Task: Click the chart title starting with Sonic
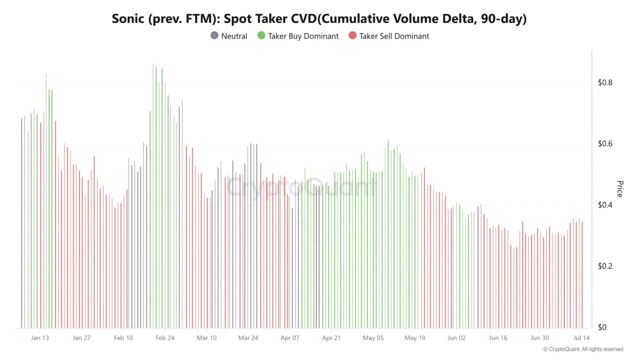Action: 319,18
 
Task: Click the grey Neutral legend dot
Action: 214,36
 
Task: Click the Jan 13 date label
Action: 40,338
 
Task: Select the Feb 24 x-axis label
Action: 165,338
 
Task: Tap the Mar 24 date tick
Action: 248,338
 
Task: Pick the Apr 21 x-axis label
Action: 332,338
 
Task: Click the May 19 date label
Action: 415,338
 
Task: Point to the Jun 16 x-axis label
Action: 498,338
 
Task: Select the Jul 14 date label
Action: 581,338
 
